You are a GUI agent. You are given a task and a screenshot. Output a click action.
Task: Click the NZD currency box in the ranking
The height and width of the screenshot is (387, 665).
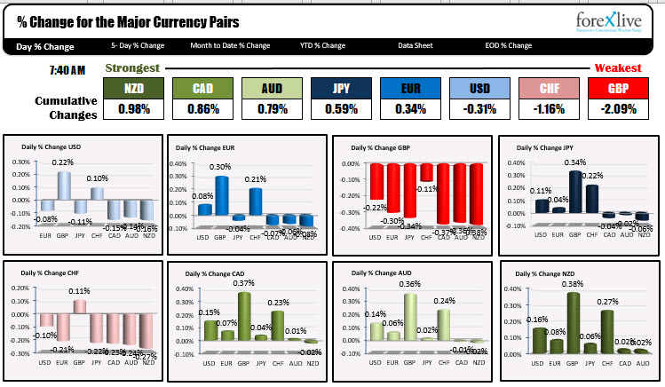tap(133, 88)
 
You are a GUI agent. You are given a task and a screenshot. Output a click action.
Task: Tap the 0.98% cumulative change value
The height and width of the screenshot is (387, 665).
tap(133, 109)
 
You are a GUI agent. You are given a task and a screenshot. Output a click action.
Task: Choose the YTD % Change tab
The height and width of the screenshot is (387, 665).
tap(322, 45)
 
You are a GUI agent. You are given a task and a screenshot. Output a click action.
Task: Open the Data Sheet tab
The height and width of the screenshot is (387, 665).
tap(416, 45)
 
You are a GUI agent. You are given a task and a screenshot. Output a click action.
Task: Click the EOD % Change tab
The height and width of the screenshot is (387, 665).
tap(508, 45)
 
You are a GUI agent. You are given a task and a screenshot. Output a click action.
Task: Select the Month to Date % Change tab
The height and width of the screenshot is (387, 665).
tap(230, 45)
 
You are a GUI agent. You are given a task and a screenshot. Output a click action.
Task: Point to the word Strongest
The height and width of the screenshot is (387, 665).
tap(132, 68)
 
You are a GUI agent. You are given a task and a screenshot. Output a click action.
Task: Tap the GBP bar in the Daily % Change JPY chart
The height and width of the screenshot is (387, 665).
tap(578, 192)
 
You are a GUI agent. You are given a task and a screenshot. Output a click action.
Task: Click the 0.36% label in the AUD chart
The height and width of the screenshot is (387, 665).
tap(411, 284)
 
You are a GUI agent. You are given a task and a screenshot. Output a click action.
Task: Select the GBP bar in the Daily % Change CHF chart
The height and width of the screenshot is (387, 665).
tap(79, 306)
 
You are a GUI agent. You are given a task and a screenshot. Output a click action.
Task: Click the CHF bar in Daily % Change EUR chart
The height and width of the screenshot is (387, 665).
tap(256, 201)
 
